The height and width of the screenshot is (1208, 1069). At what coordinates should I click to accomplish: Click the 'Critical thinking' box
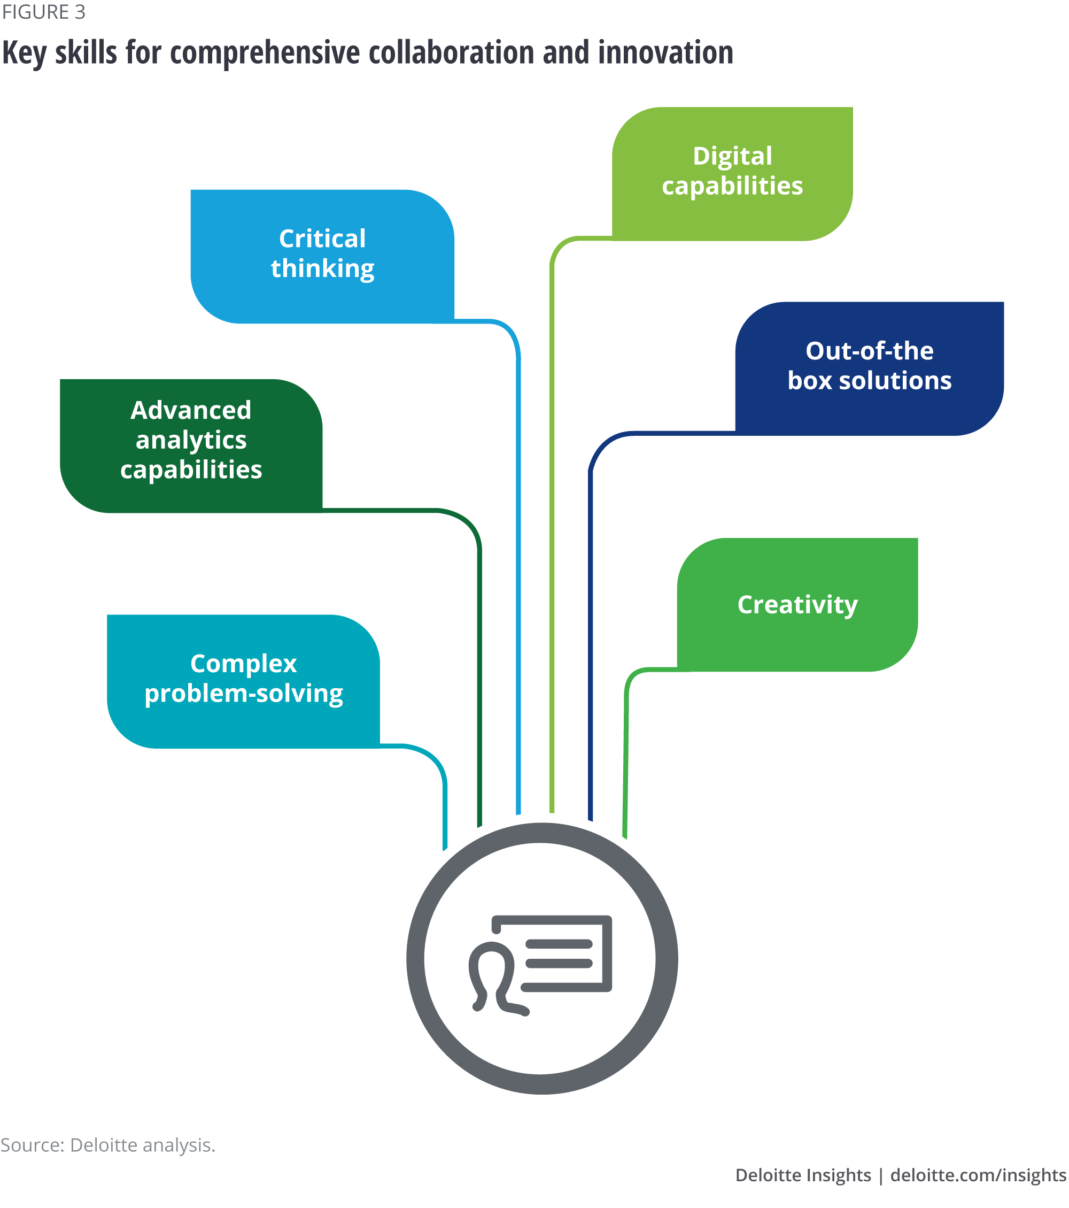(322, 256)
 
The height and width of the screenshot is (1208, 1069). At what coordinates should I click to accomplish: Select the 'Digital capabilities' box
(732, 174)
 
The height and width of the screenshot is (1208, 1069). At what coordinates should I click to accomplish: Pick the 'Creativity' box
(797, 605)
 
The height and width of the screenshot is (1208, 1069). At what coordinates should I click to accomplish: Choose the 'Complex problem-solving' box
(243, 681)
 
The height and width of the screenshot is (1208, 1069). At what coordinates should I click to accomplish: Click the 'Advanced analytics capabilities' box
(191, 445)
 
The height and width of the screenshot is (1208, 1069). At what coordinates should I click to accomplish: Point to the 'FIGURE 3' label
(44, 12)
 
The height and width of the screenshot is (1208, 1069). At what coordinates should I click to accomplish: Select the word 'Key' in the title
(24, 53)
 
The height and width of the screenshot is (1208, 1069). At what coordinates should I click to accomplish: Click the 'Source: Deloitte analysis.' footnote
(107, 1145)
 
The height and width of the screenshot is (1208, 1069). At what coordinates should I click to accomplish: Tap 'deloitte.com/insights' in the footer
(978, 1175)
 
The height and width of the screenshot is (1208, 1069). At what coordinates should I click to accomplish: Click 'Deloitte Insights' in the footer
(803, 1175)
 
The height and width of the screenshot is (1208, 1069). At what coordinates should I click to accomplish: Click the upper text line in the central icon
(559, 944)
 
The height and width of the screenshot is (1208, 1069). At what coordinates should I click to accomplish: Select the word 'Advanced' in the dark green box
(191, 410)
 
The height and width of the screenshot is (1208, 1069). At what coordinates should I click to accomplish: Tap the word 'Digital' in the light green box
(732, 156)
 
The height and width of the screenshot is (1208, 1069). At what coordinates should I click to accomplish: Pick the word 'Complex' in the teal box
(243, 664)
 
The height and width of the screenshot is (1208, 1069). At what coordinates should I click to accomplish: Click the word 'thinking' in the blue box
(322, 269)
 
